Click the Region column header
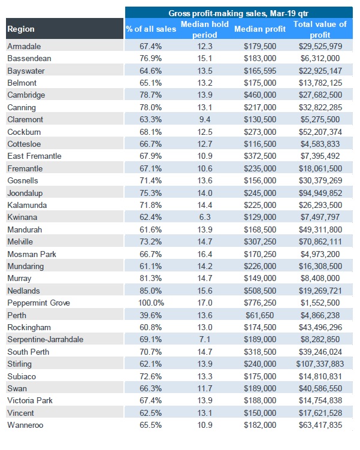21,29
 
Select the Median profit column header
260,29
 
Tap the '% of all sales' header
151,29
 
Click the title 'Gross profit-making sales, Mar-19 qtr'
238,13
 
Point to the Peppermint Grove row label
39,303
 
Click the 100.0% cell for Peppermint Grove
151,303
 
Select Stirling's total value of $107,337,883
320,364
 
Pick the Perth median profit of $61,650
260,315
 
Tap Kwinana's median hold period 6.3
205,218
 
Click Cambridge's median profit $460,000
260,95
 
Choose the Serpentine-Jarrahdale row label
46,340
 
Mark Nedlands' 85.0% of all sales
150,291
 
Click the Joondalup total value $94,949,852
320,193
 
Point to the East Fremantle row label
34,156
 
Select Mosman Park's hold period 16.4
205,254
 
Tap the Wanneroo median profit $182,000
260,425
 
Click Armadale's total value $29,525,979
320,46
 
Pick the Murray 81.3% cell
150,279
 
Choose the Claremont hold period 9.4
205,119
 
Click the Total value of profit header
320,29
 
